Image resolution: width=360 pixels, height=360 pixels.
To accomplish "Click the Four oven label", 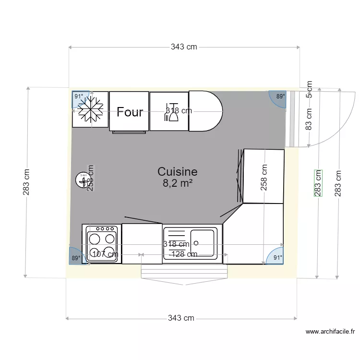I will [130, 112].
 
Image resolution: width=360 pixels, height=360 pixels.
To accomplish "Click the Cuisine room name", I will [178, 172].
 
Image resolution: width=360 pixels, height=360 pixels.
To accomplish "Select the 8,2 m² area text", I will [178, 182].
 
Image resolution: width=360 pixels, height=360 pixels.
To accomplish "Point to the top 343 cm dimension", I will [184, 47].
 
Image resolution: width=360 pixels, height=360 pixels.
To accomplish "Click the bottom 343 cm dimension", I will [181, 318].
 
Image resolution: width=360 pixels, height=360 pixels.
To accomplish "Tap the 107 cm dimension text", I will [105, 254].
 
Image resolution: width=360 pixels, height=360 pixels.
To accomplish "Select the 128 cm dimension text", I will [184, 254].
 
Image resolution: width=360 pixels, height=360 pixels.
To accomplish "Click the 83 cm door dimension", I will [309, 119].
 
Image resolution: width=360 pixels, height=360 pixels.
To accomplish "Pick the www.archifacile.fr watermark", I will [330, 331].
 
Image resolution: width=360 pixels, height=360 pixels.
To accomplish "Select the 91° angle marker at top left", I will [78, 96].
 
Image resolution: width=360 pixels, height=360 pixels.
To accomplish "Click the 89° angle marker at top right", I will [279, 96].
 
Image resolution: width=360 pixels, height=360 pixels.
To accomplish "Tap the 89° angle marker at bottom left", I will [76, 257].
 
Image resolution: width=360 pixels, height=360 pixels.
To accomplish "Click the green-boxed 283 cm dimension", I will [318, 183].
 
